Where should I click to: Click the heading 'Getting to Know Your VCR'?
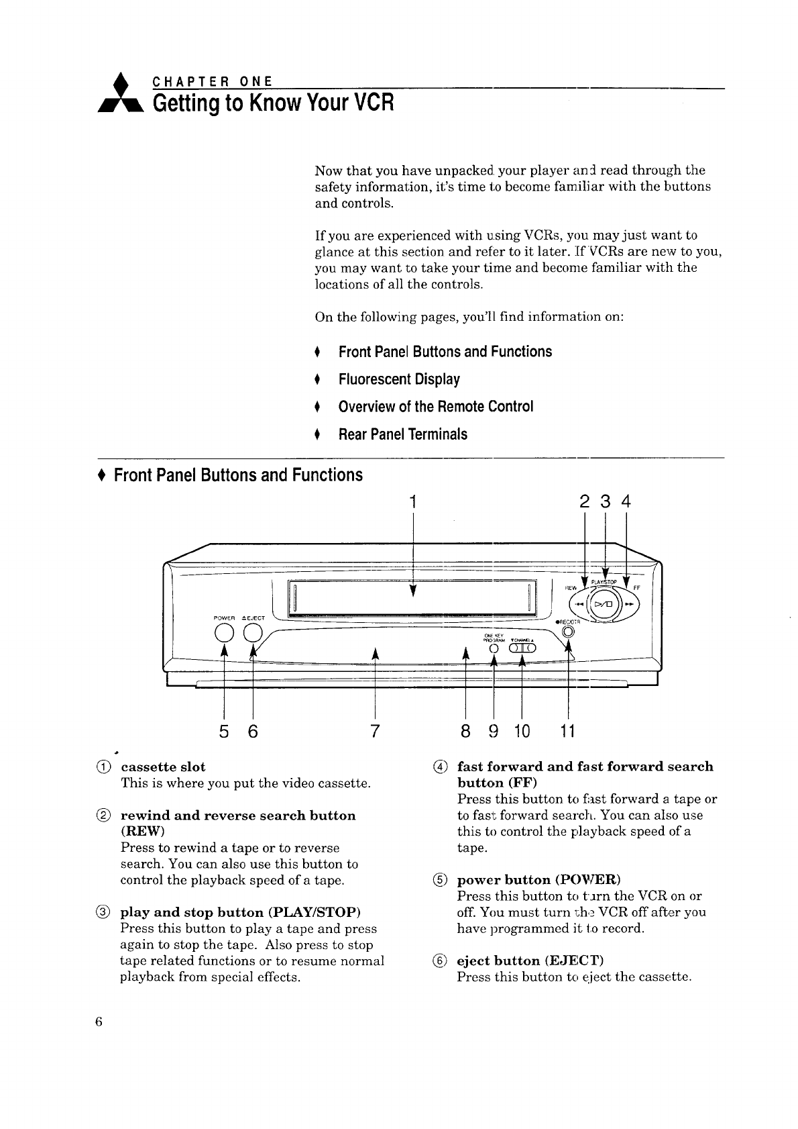pos(272,104)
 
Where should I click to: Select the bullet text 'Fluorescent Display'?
pos(399,379)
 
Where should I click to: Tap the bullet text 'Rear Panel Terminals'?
pos(402,434)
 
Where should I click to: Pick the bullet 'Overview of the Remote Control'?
pos(436,407)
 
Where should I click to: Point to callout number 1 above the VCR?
pos(414,501)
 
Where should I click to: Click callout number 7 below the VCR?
pos(374,730)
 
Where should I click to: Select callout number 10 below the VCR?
pos(522,730)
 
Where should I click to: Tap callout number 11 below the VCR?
pos(567,730)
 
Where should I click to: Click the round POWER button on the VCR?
pos(223,633)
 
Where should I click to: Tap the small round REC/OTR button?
pos(568,631)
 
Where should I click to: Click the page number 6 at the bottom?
pos(99,1022)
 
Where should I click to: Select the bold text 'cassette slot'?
pos(163,767)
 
